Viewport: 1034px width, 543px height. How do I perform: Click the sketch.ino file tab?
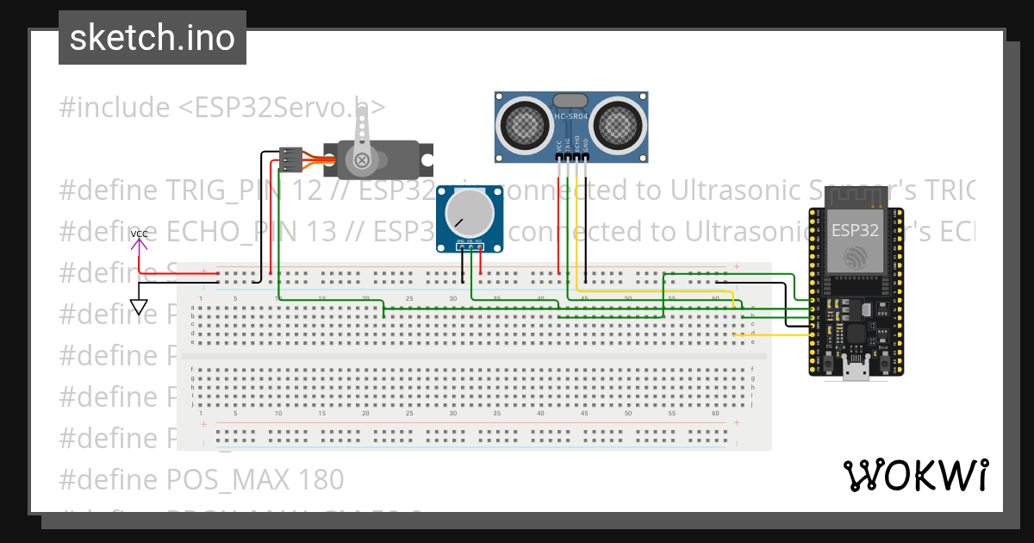153,38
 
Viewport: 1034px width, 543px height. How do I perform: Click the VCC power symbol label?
139,234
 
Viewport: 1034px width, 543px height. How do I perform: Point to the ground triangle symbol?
138,307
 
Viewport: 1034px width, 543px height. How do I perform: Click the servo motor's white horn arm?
363,138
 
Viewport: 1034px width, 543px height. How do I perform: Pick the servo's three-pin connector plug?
290,159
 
